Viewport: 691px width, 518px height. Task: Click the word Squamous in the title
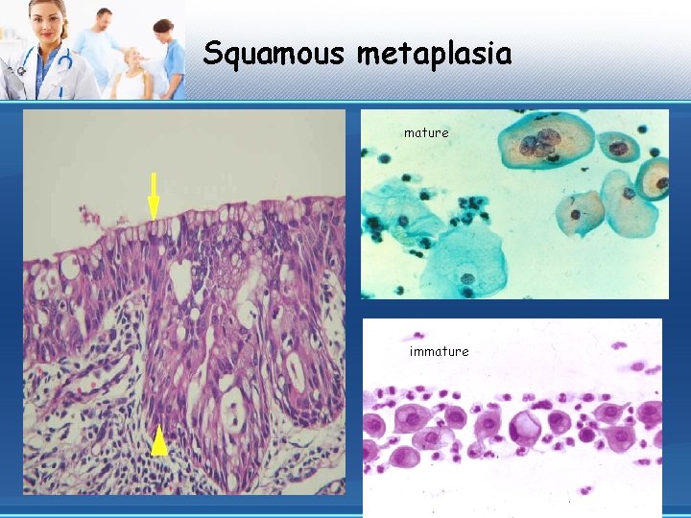[x=274, y=54]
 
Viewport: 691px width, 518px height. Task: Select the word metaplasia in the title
[x=434, y=54]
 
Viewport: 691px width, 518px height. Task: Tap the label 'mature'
[x=426, y=133]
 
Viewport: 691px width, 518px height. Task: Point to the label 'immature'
[x=439, y=351]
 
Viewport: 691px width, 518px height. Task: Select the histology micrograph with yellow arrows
[x=184, y=302]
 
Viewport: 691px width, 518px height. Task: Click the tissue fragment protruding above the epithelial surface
[x=89, y=217]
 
